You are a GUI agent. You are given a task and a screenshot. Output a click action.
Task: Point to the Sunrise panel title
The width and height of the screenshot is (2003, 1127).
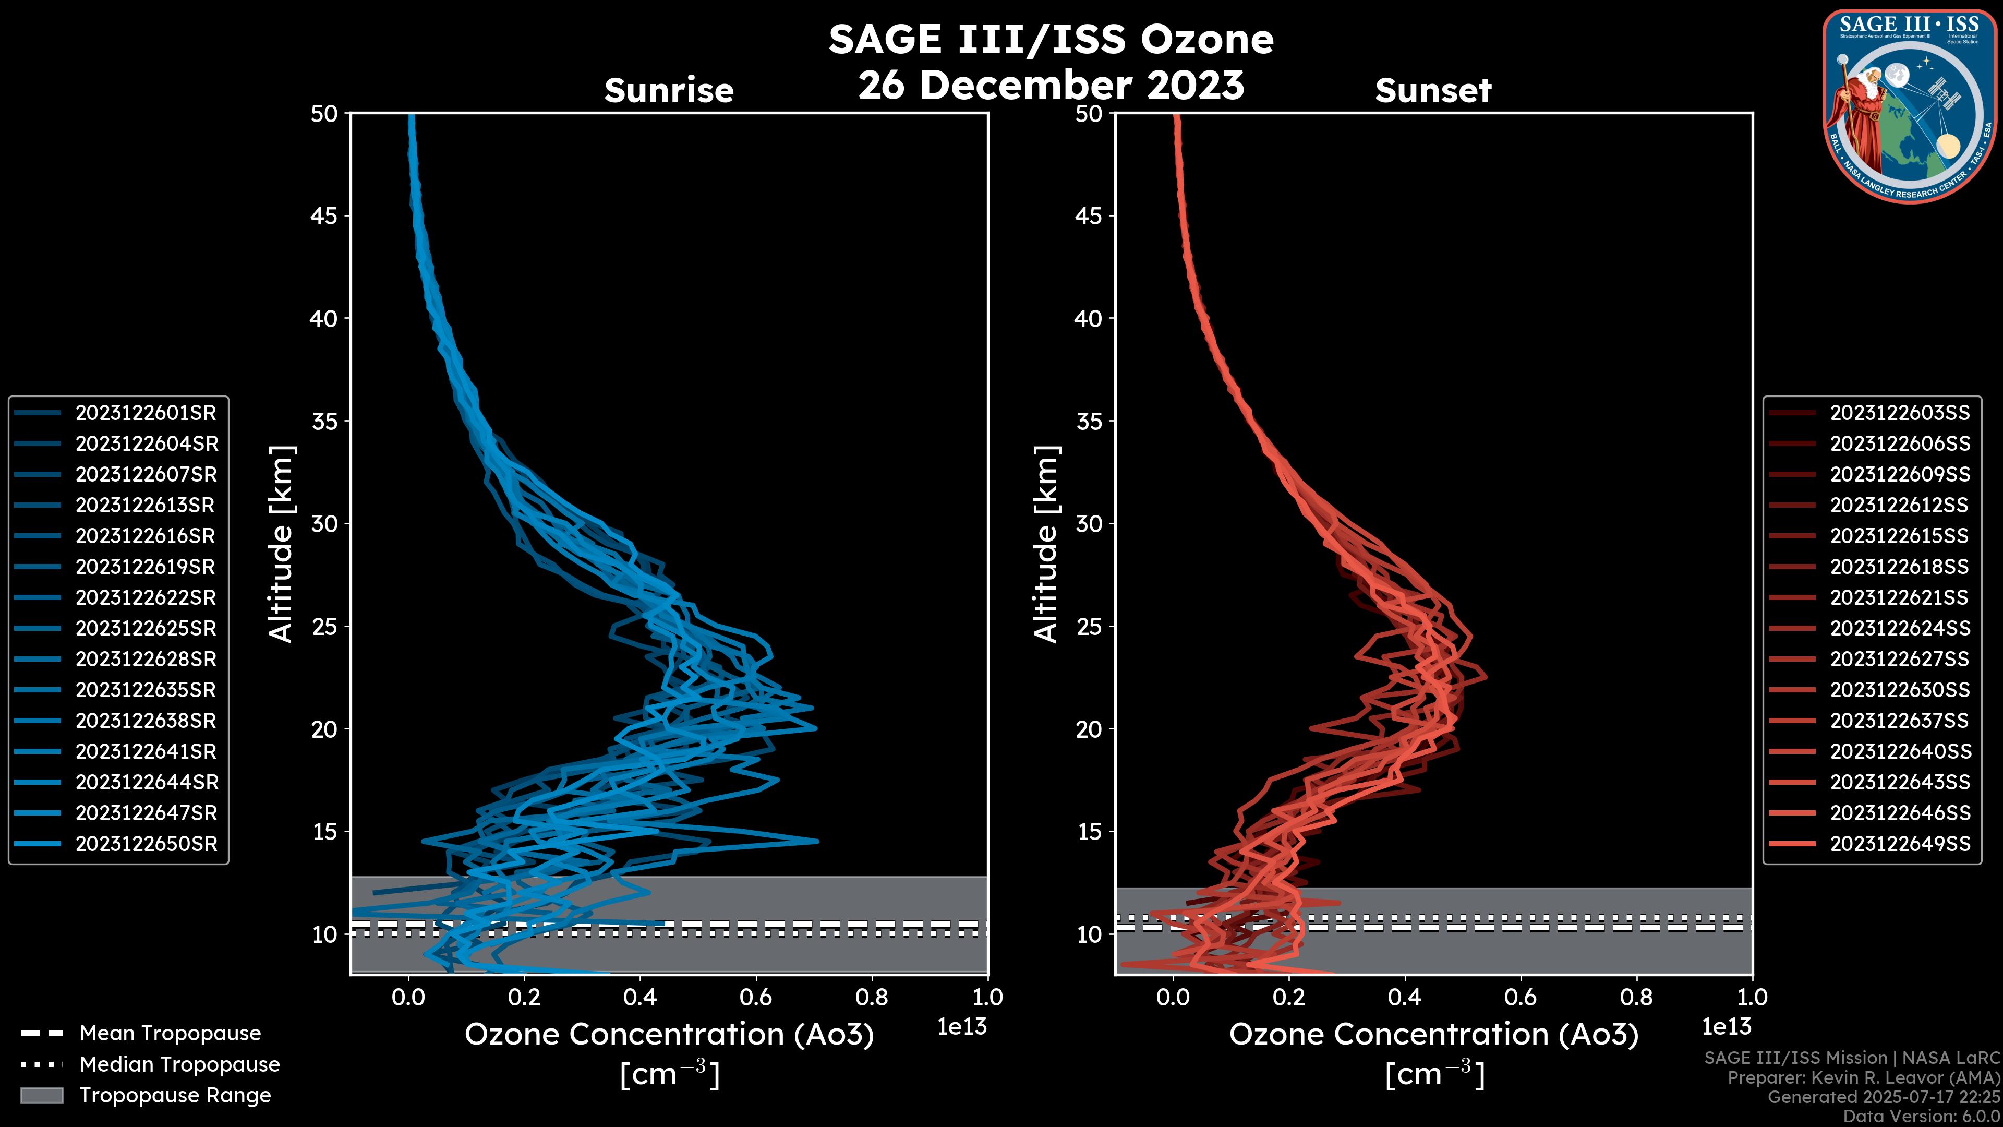coord(669,90)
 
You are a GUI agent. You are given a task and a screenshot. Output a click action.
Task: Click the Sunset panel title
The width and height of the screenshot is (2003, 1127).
coord(1433,90)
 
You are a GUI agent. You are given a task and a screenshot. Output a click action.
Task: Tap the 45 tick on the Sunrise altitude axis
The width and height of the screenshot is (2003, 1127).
coord(324,215)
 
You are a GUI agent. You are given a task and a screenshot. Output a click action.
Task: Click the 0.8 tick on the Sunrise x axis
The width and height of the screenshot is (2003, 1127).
coord(872,997)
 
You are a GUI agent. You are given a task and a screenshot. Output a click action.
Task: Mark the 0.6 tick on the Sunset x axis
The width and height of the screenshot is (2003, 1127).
coord(1521,997)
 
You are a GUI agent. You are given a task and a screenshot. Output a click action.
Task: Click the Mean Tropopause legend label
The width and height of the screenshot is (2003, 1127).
coord(170,1033)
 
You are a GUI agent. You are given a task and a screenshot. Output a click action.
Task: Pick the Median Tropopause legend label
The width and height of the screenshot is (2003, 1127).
coord(179,1064)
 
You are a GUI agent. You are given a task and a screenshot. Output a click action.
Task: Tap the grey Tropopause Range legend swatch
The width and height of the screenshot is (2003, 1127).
coord(41,1095)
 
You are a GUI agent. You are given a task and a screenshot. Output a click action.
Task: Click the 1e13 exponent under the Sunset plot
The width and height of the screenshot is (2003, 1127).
coord(1726,1027)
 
